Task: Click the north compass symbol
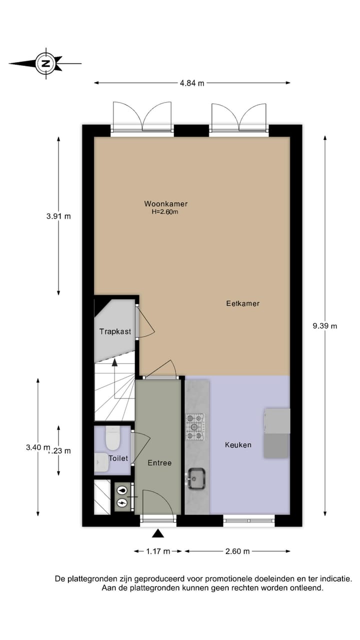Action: click(45, 63)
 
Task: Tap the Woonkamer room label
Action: click(165, 203)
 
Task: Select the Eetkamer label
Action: click(242, 303)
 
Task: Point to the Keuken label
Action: click(238, 444)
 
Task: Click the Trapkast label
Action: click(115, 331)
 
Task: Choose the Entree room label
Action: click(159, 463)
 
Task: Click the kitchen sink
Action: click(196, 478)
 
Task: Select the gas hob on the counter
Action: click(195, 426)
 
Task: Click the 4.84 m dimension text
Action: click(192, 83)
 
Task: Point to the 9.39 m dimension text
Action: click(325, 326)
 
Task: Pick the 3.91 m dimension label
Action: click(58, 216)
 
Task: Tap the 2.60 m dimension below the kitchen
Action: click(237, 551)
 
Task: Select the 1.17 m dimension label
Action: click(158, 551)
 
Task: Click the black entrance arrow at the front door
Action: click(158, 533)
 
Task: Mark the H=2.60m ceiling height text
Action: click(165, 211)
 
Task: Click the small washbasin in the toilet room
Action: click(101, 462)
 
